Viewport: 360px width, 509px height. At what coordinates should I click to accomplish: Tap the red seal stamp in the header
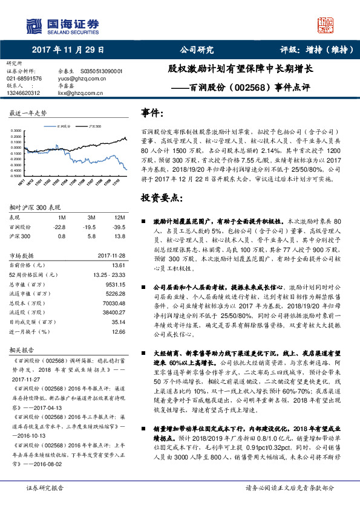click(326, 24)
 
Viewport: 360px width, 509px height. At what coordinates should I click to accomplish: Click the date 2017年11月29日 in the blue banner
click(68, 50)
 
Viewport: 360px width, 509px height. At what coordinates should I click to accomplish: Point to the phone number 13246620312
click(24, 92)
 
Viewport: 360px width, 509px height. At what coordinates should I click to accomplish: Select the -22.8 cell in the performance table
click(59, 226)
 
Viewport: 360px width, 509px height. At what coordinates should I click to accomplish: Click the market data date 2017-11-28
click(111, 255)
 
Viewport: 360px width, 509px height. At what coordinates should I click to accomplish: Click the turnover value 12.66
click(118, 332)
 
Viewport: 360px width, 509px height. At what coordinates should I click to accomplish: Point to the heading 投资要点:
click(163, 197)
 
